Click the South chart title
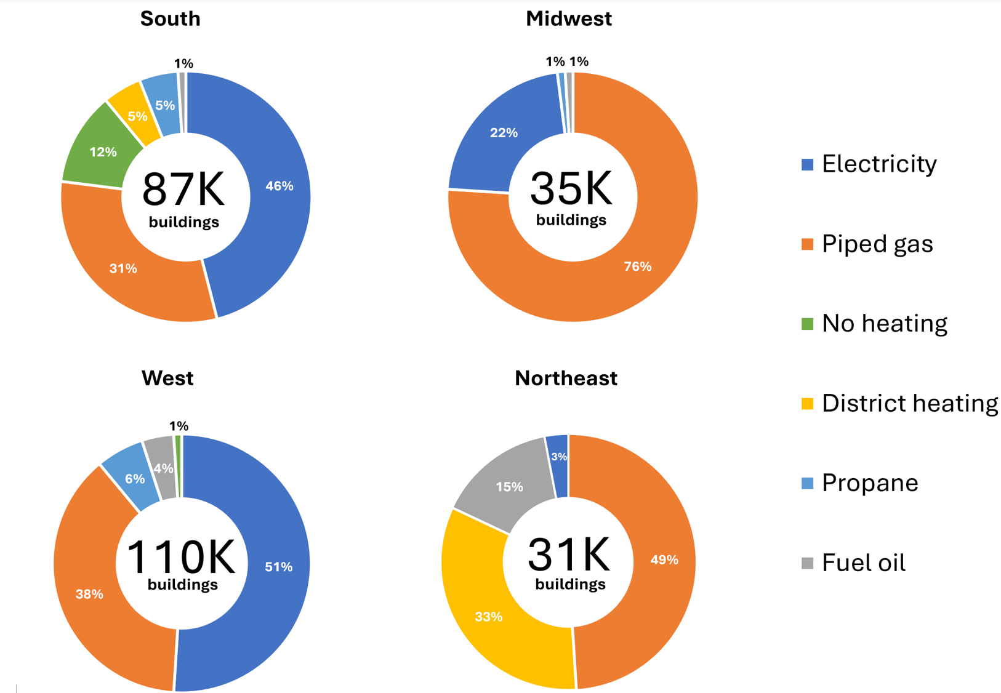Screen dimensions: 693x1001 170,18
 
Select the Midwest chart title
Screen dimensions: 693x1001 568,18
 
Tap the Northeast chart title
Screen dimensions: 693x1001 566,378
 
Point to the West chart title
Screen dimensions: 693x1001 167,378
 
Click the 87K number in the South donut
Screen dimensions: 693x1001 183,190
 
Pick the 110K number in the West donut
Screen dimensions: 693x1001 180,556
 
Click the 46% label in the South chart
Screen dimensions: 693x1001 279,186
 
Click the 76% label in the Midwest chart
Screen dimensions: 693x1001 637,266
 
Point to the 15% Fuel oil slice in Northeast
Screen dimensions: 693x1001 505,480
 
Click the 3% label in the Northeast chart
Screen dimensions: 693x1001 559,457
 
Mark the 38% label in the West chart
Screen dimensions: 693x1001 89,594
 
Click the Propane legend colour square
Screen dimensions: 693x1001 808,483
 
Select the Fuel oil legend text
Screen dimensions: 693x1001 863,563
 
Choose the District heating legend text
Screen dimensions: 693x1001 909,403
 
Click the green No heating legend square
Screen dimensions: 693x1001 808,324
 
